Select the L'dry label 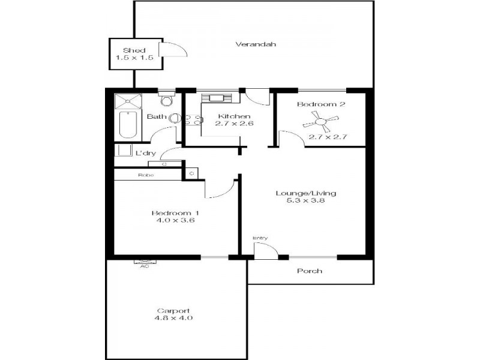coord(145,154)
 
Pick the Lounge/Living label coord(305,193)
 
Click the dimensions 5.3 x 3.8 coord(305,202)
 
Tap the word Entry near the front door coord(260,238)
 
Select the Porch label coord(310,271)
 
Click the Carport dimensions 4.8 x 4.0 coord(175,318)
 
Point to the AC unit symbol coord(144,262)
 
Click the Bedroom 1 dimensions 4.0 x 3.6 coord(174,221)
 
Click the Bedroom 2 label coord(322,104)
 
